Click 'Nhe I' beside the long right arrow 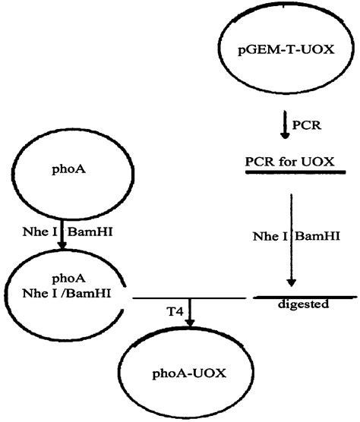coord(267,236)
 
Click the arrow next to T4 coord(190,313)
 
